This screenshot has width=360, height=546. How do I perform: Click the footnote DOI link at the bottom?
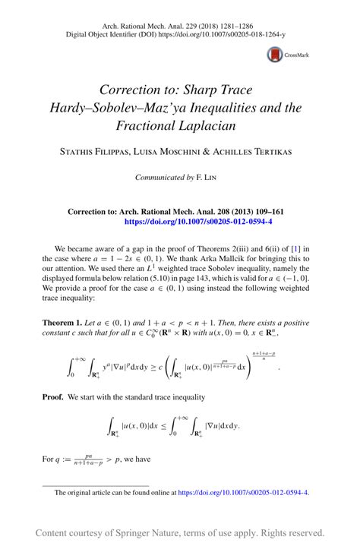click(243, 492)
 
